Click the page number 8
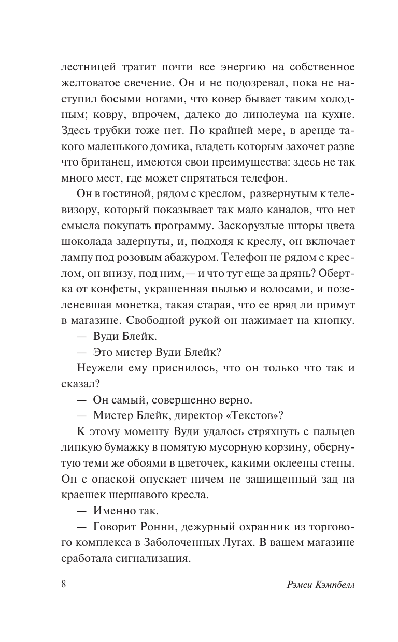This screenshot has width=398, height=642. (64, 585)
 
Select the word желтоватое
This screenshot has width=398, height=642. (90, 83)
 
